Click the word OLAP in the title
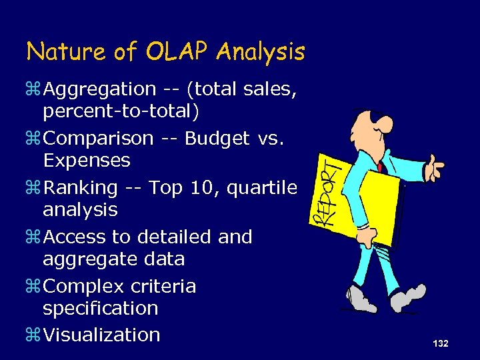pos(176,51)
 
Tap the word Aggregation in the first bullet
pos(99,89)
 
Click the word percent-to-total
pos(121,111)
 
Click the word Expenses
pos(87,161)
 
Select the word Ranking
pos(81,188)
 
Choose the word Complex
pos(83,287)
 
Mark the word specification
pos(101,309)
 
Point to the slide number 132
pos(440,343)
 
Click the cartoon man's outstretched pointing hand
pos(434,164)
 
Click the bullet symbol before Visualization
pos(33,335)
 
